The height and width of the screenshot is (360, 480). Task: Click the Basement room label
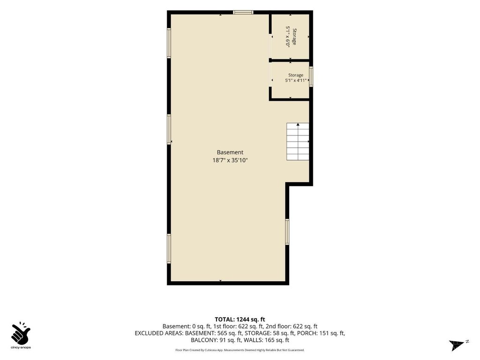click(230, 152)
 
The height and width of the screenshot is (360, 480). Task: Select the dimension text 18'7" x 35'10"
click(230, 160)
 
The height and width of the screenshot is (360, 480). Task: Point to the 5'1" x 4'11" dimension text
click(296, 81)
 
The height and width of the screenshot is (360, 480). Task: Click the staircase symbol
click(298, 142)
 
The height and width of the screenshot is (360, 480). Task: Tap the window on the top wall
click(243, 12)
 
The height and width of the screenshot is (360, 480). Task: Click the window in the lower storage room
click(311, 76)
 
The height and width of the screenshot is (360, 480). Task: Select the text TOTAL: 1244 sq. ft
click(240, 320)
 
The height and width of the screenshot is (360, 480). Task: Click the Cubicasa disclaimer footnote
click(240, 350)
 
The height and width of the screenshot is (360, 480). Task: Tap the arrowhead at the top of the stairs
click(298, 124)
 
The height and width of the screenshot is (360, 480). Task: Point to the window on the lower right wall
click(287, 232)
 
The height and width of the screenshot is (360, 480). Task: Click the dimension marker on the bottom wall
click(220, 281)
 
